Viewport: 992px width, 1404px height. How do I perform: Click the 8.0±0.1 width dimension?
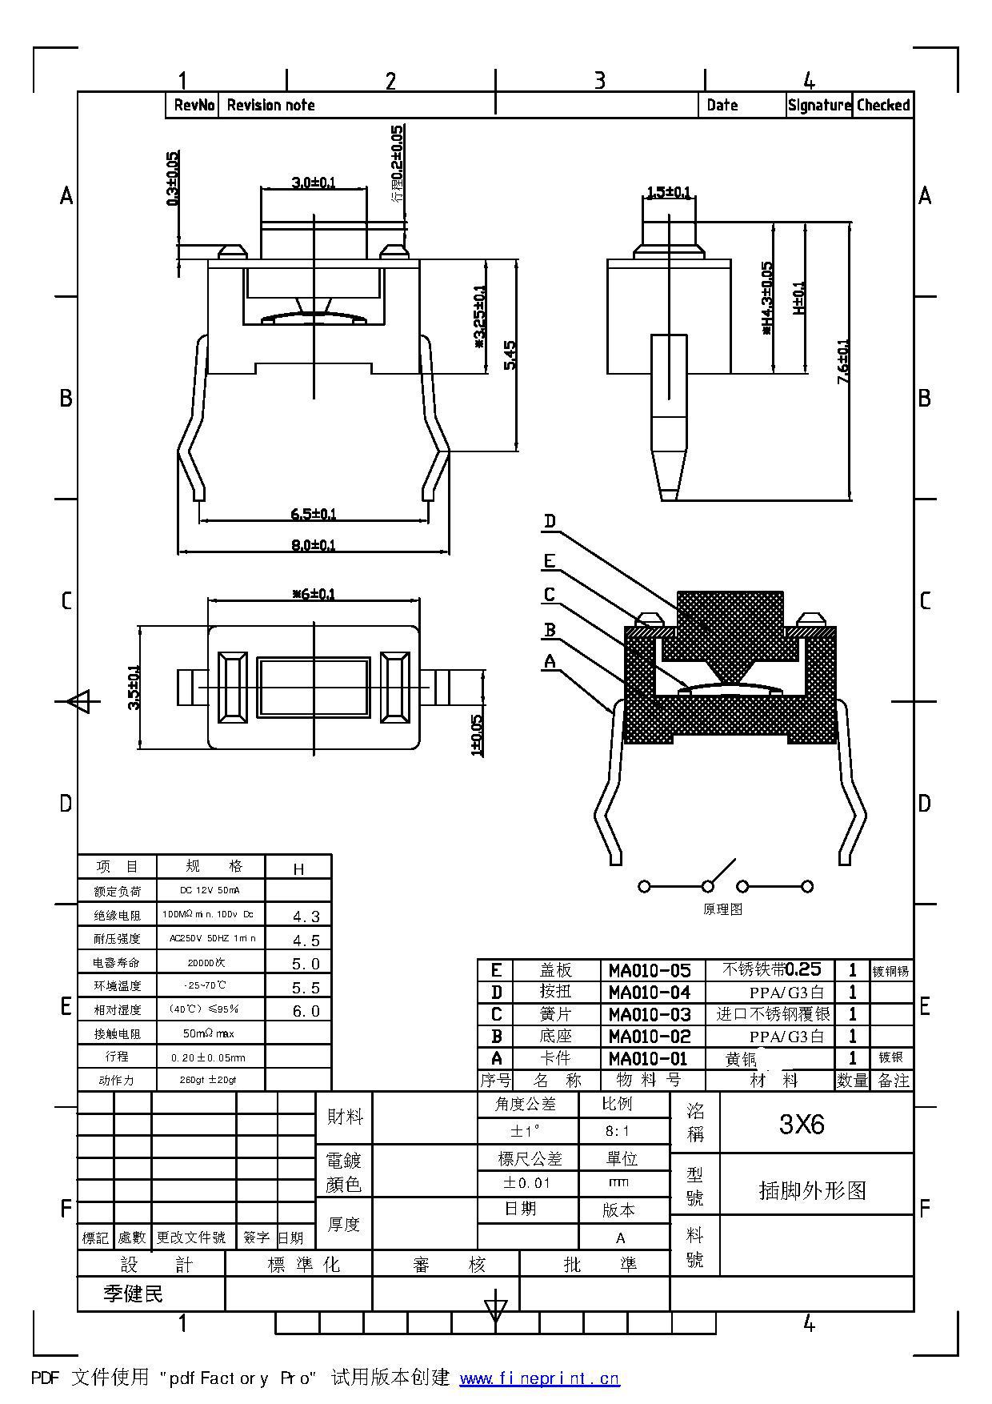click(314, 545)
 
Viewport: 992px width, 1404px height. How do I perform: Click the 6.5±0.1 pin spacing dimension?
click(314, 513)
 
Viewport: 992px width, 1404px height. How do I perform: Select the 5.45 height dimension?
click(510, 355)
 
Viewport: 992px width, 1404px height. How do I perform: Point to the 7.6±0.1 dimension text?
click(843, 362)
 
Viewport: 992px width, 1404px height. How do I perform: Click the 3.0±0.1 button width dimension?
click(314, 183)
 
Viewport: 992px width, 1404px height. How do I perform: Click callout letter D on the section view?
click(550, 522)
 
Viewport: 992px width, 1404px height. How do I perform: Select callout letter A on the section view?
click(550, 661)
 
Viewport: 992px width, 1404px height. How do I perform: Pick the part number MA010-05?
click(650, 970)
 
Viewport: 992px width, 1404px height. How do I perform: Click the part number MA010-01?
click(650, 1058)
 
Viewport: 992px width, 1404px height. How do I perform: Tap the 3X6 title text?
click(802, 1125)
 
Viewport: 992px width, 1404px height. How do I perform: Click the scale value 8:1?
click(618, 1131)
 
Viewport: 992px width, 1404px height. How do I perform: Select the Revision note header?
click(271, 105)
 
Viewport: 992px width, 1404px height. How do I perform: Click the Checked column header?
click(883, 105)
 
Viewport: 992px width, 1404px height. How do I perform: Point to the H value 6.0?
click(306, 1011)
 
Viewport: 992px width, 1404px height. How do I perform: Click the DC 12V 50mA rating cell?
click(210, 890)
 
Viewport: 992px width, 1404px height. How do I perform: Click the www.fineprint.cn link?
click(540, 1378)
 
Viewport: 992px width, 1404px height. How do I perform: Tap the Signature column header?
click(819, 105)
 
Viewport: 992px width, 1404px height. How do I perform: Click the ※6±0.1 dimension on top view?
click(314, 594)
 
